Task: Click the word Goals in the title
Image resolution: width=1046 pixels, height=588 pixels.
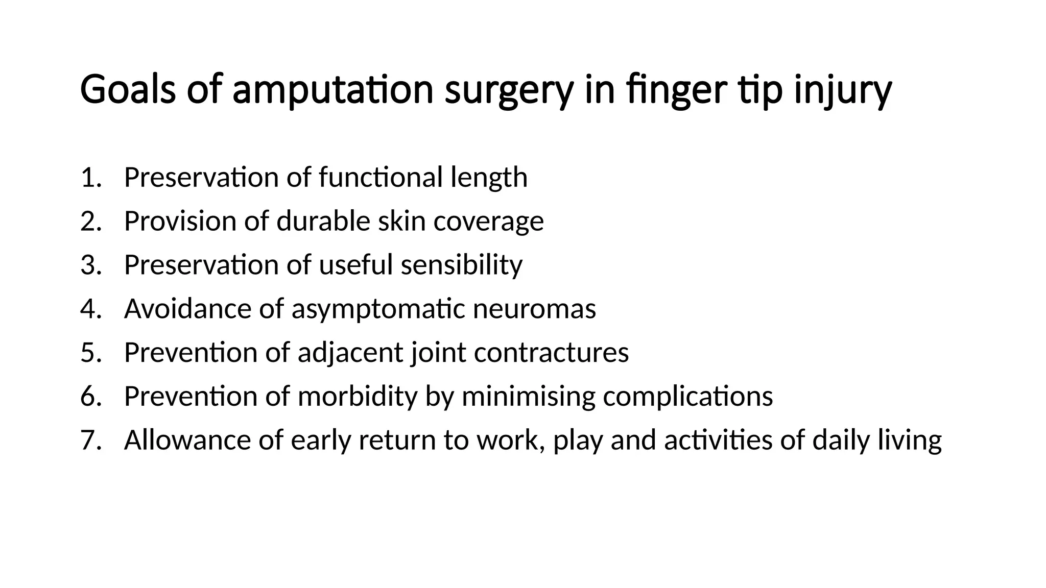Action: [128, 89]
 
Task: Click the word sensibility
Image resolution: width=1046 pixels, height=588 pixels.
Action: [461, 265]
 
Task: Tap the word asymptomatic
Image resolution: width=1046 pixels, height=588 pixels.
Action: [378, 309]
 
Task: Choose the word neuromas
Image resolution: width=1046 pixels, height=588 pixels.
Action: [534, 309]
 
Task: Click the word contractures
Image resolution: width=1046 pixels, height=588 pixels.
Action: [551, 352]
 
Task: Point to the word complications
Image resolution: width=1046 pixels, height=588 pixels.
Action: [687, 397]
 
